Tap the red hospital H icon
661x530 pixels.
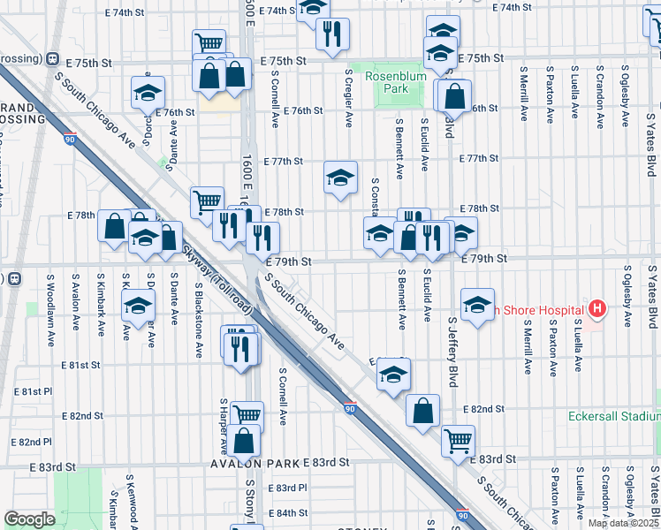597,309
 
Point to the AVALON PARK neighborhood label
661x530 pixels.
255,462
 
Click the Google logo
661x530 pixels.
28,519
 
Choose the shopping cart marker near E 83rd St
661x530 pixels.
457,439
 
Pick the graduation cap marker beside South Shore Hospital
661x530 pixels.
477,305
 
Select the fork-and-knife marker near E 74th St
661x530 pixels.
332,34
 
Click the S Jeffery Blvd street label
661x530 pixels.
452,351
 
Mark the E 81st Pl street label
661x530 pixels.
33,391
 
